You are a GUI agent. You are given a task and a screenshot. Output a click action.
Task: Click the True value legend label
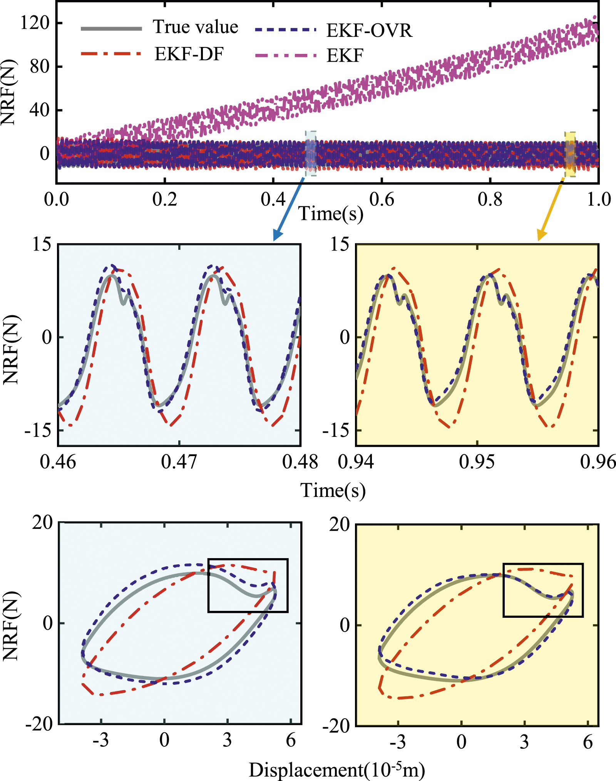(196, 27)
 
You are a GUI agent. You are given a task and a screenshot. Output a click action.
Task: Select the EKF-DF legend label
(189, 54)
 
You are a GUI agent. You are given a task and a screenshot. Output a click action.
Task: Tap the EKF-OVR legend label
(369, 30)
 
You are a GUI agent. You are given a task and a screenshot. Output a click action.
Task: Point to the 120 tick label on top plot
(35, 23)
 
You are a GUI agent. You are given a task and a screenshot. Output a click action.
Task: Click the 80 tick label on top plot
(40, 67)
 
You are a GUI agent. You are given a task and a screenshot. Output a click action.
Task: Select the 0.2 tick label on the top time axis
(165, 199)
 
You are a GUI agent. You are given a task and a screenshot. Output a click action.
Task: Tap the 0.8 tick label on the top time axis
(490, 199)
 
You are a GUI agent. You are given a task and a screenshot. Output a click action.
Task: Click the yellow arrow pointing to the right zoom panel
(551, 209)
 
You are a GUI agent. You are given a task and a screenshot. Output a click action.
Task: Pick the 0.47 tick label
(179, 462)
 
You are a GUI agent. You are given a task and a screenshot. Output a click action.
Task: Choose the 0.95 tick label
(477, 462)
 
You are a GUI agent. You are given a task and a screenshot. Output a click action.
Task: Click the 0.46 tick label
(58, 462)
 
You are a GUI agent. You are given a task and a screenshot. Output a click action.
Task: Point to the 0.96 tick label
(598, 462)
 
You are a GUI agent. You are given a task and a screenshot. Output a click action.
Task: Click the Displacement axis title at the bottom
(337, 769)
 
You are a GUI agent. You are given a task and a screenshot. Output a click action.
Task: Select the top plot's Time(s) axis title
(331, 214)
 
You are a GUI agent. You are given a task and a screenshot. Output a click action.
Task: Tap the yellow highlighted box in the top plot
(570, 154)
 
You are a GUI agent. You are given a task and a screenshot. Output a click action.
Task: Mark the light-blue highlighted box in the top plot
(311, 154)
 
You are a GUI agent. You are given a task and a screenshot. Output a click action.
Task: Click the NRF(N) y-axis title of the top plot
(8, 92)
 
